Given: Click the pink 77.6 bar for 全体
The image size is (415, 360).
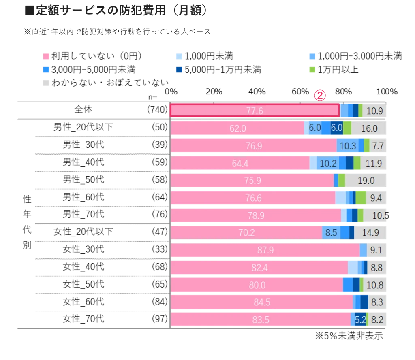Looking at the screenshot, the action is click(255, 110).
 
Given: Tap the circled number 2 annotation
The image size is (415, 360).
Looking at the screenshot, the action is click(320, 96).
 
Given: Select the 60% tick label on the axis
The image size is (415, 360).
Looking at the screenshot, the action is click(300, 92).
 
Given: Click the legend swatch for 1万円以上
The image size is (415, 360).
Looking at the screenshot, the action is click(312, 70).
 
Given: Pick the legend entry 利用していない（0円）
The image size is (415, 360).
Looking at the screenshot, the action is click(93, 56).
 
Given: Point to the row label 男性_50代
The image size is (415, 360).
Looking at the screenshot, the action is click(83, 180).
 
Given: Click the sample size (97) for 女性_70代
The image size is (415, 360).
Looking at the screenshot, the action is click(160, 319).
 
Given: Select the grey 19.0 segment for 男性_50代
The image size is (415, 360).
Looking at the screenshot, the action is click(366, 180).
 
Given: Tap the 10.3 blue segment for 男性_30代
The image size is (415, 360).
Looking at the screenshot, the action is click(348, 146).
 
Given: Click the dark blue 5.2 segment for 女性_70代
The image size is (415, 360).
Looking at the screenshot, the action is click(360, 320).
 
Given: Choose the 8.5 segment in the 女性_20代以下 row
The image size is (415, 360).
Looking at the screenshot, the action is click(331, 232).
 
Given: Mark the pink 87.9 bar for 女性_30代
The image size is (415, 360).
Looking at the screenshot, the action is click(265, 250).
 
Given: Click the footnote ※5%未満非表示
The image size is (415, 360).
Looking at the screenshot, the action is click(349, 336).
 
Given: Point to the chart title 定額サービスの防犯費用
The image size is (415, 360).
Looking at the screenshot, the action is click(101, 11).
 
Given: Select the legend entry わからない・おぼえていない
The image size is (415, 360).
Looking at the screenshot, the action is click(106, 83).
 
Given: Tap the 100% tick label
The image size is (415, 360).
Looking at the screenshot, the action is click(387, 92).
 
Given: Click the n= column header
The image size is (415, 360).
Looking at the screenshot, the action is click(153, 98).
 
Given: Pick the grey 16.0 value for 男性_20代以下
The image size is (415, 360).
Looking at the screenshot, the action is click(369, 128).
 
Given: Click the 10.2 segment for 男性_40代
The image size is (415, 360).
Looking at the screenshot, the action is click(328, 163).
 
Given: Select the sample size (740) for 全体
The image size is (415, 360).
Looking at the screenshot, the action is click(158, 109).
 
